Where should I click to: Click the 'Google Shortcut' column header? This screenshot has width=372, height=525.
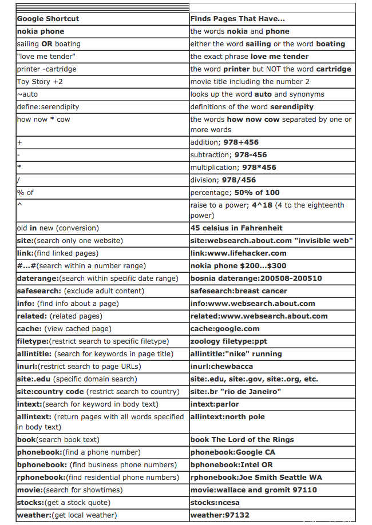(48, 19)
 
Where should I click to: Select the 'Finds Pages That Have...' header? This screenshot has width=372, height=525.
(238, 19)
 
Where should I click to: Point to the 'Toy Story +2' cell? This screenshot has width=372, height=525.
(40, 82)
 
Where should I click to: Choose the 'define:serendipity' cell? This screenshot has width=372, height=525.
(48, 107)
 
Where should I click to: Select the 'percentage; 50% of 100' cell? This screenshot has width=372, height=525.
(235, 193)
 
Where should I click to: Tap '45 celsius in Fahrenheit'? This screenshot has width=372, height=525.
(236, 228)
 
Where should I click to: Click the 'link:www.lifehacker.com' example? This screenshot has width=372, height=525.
(238, 253)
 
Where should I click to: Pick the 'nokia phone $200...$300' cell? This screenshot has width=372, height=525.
(238, 266)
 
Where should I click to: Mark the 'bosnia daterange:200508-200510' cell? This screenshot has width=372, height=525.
(256, 279)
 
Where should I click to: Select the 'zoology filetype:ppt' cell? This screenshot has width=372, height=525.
(228, 341)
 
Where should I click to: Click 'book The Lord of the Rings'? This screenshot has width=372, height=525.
(242, 440)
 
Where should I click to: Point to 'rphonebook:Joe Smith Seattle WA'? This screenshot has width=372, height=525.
(256, 478)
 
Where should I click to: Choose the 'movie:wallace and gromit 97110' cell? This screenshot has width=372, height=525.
(254, 490)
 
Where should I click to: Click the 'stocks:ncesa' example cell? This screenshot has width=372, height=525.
(215, 503)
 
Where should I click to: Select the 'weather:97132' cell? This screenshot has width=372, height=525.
(219, 515)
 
